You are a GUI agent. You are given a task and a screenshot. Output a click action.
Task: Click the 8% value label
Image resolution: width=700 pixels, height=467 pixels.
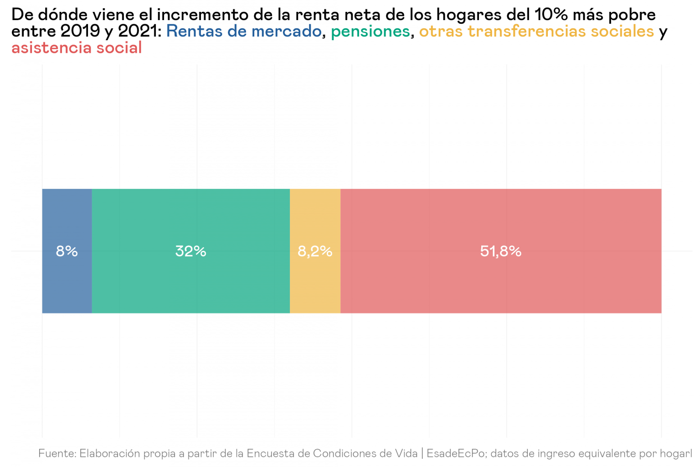67,251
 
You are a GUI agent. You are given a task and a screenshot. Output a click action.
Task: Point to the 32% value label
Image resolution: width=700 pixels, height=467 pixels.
190,251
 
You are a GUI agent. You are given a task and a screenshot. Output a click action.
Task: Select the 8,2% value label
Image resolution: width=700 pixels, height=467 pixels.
315,251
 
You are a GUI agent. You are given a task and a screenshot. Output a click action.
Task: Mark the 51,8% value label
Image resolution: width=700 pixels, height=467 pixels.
500,251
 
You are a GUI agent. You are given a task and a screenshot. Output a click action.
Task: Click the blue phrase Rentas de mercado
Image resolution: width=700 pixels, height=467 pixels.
244,31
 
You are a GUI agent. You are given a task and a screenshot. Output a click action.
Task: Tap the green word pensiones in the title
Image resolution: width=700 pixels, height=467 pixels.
370,31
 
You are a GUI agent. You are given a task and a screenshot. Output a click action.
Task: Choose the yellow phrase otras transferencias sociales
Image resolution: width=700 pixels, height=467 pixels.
536,31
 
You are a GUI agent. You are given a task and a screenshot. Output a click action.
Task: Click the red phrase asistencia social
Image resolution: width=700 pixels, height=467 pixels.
77,48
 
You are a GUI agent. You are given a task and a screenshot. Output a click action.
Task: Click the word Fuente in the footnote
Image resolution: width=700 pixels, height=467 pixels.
57,453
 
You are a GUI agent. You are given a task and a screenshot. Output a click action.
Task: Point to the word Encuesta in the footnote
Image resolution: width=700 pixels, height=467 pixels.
270,453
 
